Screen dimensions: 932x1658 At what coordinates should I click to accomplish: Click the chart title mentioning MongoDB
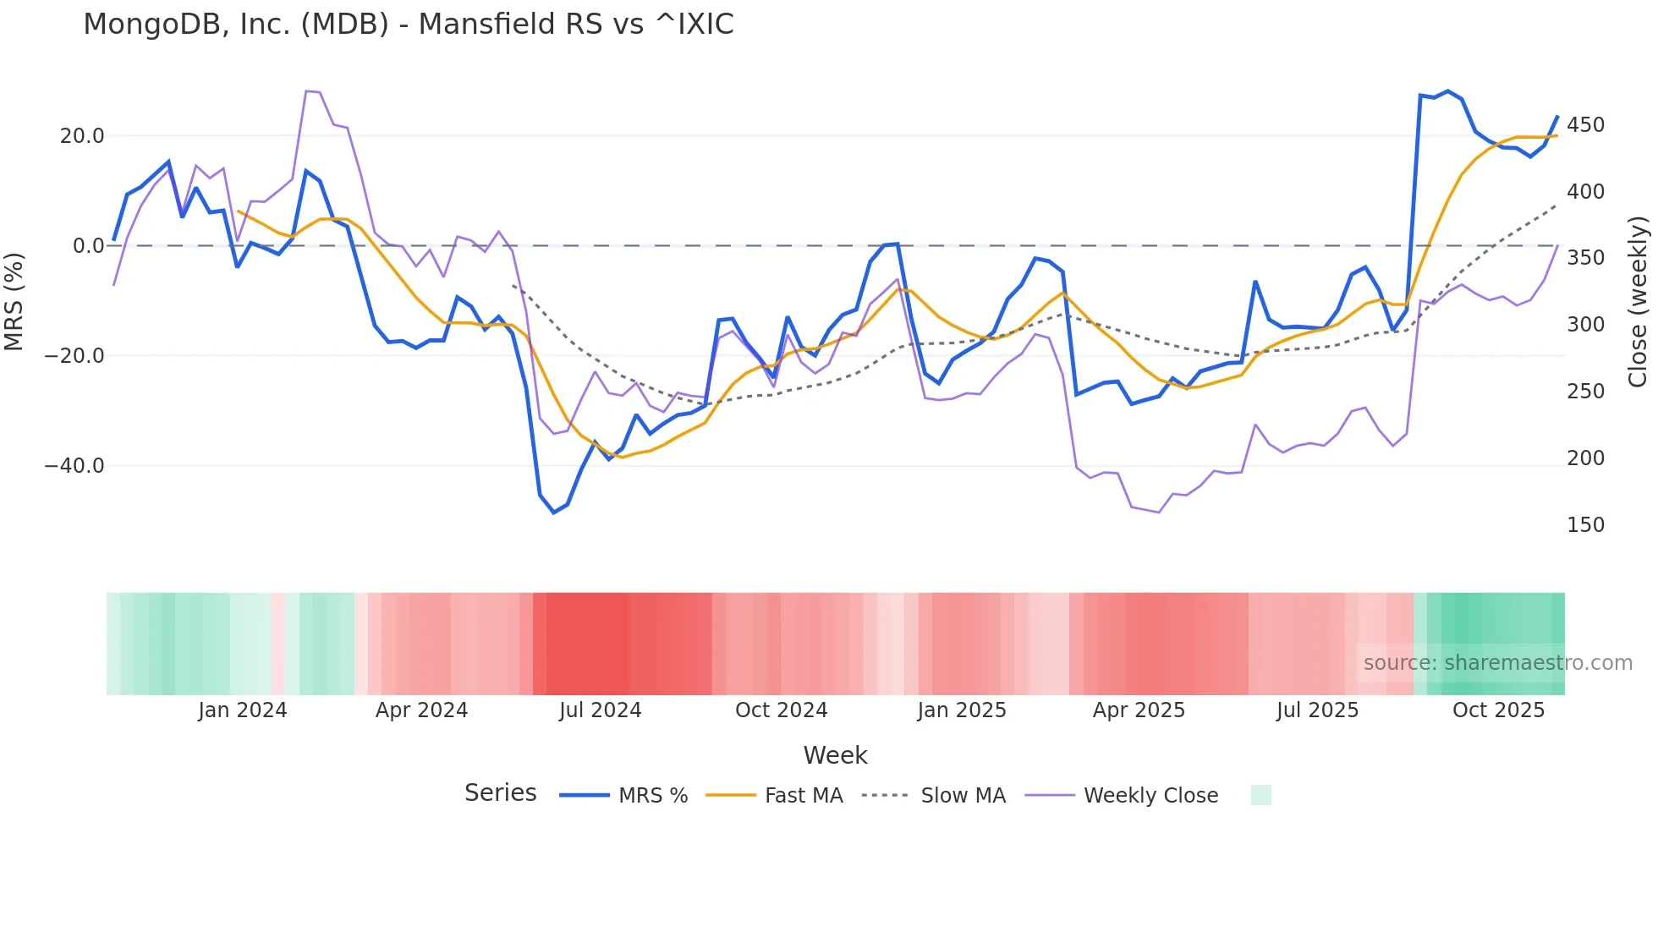point(409,25)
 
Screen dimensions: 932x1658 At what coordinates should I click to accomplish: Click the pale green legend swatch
point(1260,795)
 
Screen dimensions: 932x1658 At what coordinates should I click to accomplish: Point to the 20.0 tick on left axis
point(82,136)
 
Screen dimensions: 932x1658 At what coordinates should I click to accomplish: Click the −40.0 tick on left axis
point(74,466)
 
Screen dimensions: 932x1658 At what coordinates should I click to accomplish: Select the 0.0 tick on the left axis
point(89,246)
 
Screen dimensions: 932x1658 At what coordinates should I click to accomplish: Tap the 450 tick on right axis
point(1585,125)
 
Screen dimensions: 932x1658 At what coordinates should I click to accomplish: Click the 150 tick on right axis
point(1585,525)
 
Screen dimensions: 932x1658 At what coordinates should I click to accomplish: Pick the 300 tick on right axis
point(1585,325)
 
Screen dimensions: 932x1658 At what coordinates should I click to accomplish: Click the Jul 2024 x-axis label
point(600,710)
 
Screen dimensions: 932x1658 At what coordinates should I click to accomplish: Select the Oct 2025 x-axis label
point(1498,710)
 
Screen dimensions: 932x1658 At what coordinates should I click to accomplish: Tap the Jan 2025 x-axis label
point(962,710)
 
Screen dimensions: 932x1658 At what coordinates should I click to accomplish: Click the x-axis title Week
point(835,755)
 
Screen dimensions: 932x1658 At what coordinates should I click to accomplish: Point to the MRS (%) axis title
point(14,301)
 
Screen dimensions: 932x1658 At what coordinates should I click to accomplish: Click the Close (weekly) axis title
point(1639,301)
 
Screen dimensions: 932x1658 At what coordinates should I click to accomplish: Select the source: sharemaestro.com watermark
point(1497,663)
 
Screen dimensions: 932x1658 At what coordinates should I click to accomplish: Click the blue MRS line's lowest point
point(554,513)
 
